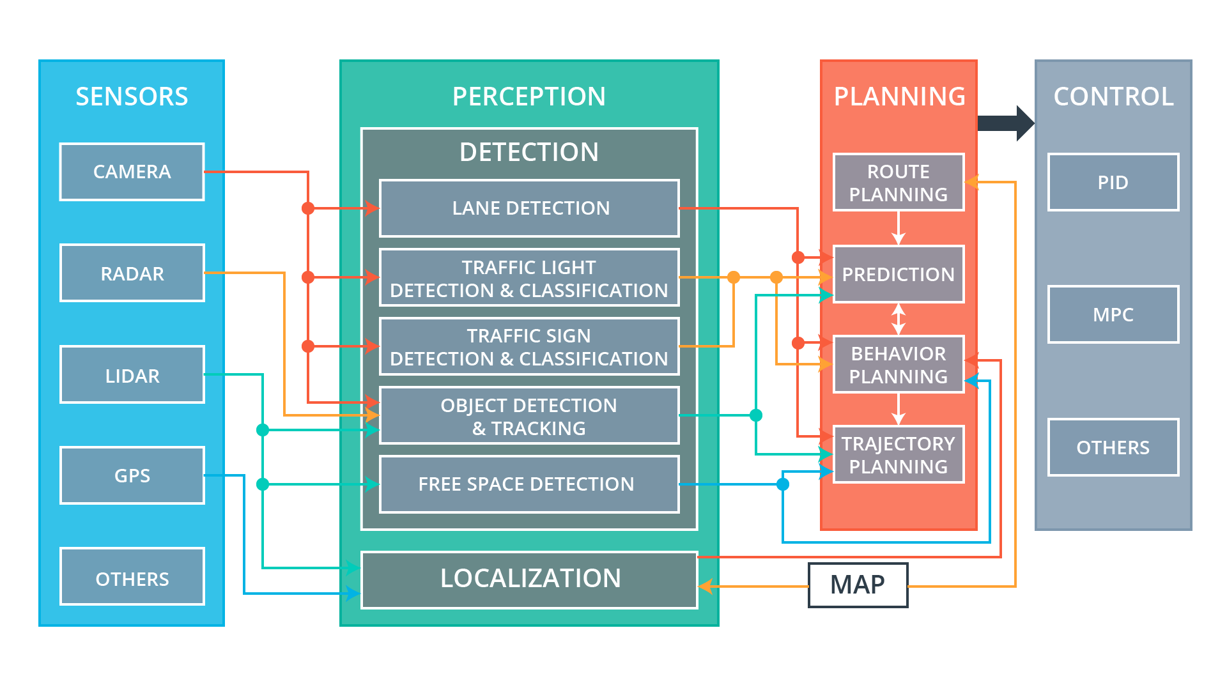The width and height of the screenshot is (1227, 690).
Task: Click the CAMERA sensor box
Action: (132, 172)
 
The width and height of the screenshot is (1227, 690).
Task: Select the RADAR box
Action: (132, 273)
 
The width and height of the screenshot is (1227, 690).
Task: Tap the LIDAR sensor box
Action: (132, 375)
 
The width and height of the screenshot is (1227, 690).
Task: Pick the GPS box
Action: (132, 476)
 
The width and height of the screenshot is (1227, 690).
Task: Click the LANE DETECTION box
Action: (529, 208)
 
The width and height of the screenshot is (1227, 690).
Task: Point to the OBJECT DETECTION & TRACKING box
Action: (529, 416)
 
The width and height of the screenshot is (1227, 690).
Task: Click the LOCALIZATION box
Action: (529, 579)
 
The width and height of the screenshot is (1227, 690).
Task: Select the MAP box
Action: (858, 585)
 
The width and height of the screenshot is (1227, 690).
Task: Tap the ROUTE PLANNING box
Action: (899, 183)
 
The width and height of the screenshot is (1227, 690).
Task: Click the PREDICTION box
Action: (899, 274)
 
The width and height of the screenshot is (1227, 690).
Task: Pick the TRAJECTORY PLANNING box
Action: (899, 455)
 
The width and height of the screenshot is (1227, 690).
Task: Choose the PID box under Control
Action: (1113, 183)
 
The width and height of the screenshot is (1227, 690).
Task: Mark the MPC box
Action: (1113, 315)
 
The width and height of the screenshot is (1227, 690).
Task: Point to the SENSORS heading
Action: (132, 96)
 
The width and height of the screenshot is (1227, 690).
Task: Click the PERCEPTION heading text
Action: (529, 96)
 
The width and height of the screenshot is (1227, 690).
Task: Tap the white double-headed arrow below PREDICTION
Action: (899, 319)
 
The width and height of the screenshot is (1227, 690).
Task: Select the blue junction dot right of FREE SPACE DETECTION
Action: (783, 484)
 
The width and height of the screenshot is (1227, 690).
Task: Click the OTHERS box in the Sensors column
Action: (132, 578)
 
